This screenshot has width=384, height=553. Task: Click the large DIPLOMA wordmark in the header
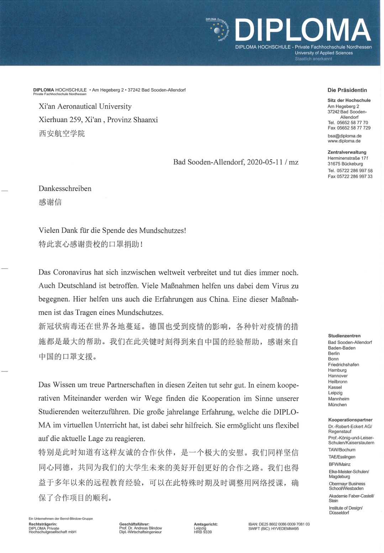tap(303, 30)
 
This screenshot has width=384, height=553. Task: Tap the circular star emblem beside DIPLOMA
tap(217, 31)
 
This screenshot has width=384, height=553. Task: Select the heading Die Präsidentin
tap(347, 90)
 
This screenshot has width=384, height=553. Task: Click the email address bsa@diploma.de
tap(344, 136)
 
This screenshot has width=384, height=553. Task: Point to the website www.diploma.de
tap(344, 141)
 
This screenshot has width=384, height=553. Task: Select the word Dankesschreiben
tap(65, 189)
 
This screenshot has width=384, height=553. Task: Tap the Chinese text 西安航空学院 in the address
tap(62, 134)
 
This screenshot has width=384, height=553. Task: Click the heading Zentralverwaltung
tap(347, 152)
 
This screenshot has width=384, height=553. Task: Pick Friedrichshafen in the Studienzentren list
tap(343, 365)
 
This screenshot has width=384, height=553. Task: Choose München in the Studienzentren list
tap(337, 405)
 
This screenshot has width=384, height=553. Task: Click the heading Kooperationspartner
tap(350, 420)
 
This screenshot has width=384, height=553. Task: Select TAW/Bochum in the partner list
tap(342, 450)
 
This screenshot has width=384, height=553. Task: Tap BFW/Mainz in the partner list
tap(340, 464)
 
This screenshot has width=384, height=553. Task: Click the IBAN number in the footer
tap(279, 524)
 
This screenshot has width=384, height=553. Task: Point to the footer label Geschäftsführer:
tap(134, 524)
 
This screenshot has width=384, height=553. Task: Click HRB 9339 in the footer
tap(202, 532)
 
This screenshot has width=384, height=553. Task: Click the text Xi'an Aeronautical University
tap(85, 107)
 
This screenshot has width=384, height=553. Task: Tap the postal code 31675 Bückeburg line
tap(345, 164)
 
